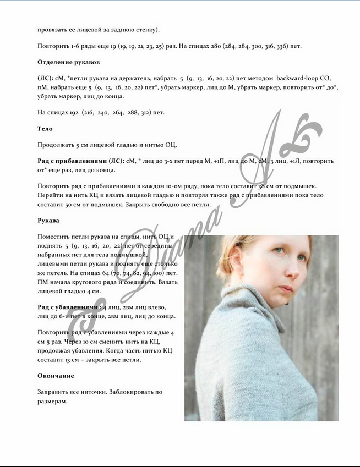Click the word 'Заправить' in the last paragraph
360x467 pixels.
(x=52, y=392)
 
